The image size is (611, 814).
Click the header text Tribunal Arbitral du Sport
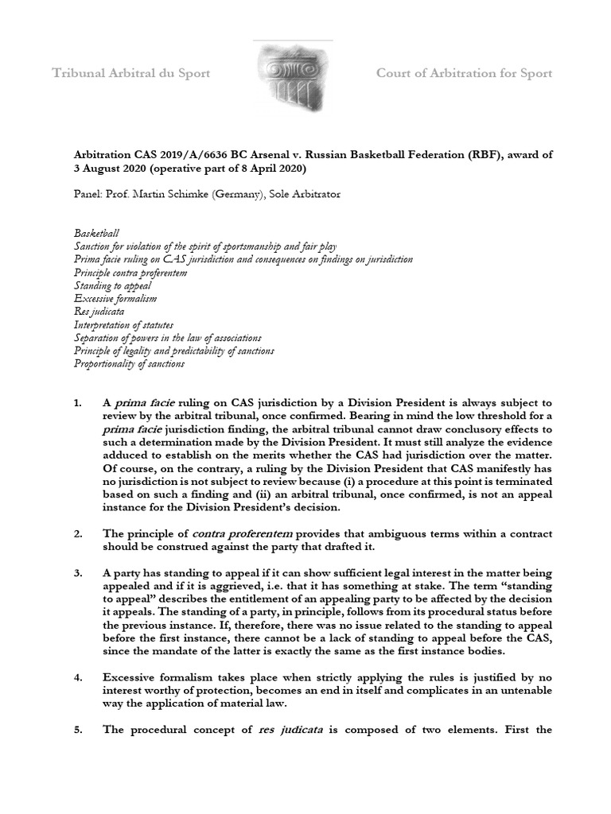point(131,74)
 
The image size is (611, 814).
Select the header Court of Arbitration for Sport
point(464,74)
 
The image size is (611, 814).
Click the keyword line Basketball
point(96,234)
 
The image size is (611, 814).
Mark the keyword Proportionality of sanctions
point(129,363)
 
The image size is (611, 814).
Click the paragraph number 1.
point(78,404)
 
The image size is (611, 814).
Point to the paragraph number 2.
point(78,533)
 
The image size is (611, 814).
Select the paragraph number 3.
point(78,572)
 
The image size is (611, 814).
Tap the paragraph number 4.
point(78,676)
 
